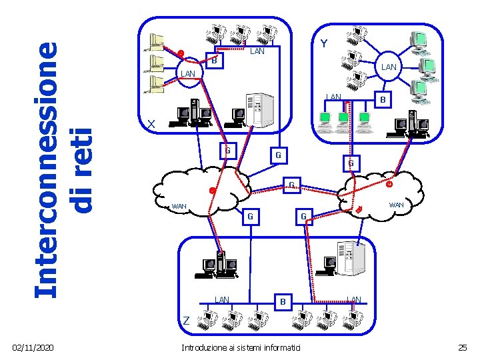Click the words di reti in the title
[82, 163]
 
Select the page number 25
[463, 348]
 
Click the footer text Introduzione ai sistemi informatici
[241, 348]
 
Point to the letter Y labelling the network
[323, 44]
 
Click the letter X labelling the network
[151, 124]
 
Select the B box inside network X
[214, 62]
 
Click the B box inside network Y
[382, 99]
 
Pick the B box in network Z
[283, 302]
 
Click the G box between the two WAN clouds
[291, 185]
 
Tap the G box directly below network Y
[350, 163]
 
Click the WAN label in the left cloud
[179, 206]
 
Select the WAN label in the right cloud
[396, 205]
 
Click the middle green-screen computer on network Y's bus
[343, 119]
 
